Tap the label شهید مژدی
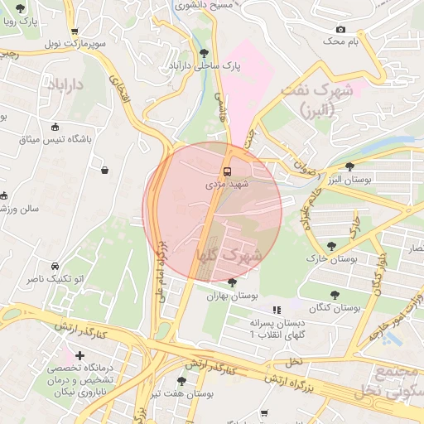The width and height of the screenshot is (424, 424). (226, 185)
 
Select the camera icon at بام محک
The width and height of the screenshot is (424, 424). (340, 30)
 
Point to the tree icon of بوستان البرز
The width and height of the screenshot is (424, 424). (350, 166)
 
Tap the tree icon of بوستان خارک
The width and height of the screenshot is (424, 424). (332, 246)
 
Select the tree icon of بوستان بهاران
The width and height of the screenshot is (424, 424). (231, 282)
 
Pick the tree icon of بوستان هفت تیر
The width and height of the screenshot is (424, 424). (181, 381)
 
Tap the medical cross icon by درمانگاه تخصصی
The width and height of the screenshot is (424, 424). (79, 355)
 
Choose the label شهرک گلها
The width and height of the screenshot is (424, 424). (228, 256)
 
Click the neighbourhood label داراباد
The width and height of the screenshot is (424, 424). (67, 85)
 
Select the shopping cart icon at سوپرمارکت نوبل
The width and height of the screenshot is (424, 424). (75, 31)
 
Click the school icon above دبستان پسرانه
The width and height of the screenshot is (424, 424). (277, 310)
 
